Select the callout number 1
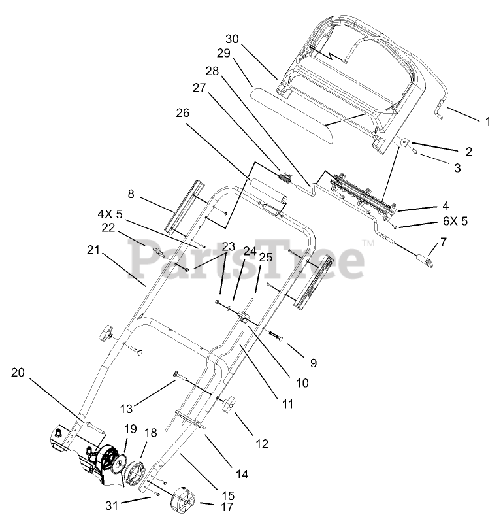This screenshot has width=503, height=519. click(x=487, y=121)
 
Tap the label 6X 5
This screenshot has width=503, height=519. click(x=455, y=221)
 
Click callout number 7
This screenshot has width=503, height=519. click(x=444, y=243)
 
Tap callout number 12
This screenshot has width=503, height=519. click(x=261, y=444)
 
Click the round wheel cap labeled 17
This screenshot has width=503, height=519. click(x=182, y=503)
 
